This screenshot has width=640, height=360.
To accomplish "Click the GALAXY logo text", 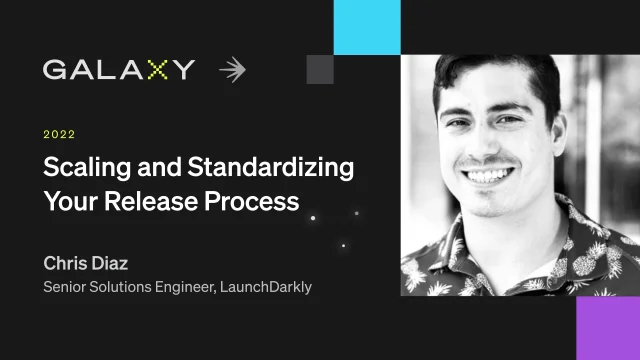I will (118, 69).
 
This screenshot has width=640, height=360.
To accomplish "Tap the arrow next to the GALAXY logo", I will (232, 69).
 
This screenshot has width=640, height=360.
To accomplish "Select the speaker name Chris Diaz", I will (87, 263).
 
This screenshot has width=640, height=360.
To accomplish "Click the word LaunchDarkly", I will (266, 287).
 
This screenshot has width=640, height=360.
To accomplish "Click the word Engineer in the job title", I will (187, 287).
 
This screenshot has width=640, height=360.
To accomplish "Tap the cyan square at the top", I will (367, 27).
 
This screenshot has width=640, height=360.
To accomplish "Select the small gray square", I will (319, 69).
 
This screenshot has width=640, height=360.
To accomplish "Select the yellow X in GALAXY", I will (157, 69).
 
